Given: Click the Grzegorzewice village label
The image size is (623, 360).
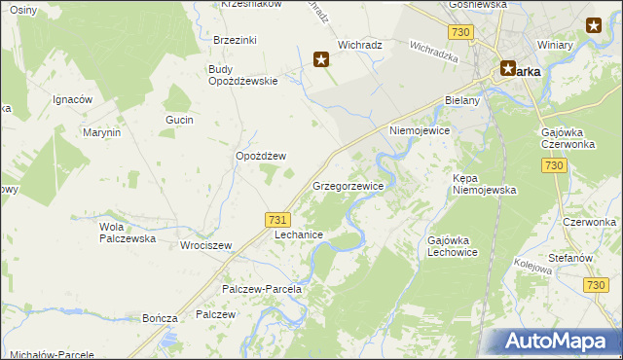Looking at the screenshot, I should (348, 185).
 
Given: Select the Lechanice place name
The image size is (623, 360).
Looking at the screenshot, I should (299, 235).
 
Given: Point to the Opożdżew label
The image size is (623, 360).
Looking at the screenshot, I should (261, 156).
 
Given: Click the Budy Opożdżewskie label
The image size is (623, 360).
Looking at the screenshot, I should (243, 75).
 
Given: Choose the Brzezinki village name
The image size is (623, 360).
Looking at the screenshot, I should (235, 40).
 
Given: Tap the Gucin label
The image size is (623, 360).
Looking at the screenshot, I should (180, 120).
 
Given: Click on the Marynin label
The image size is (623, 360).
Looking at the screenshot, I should (101, 131).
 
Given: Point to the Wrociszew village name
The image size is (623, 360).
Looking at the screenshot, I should (205, 245).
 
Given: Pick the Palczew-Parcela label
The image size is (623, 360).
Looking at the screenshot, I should (262, 289).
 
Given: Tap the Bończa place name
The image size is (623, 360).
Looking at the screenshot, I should (159, 318).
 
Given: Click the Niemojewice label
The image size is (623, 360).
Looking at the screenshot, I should (421, 129).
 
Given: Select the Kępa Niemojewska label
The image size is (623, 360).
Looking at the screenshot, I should (484, 184).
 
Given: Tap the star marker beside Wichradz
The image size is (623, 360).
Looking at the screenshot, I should (321, 60).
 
